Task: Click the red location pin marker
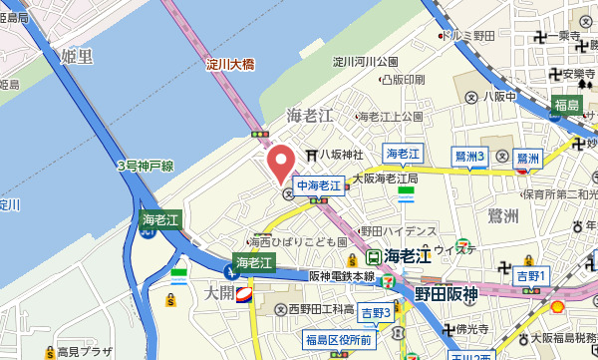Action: [x=279, y=164]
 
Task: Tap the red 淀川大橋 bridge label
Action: [x=230, y=65]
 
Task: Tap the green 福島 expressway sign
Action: [x=568, y=105]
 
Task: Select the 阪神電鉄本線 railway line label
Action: [x=342, y=276]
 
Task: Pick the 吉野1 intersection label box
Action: [x=532, y=274]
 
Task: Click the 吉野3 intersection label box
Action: [x=376, y=313]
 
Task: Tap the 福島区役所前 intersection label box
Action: [x=339, y=341]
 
